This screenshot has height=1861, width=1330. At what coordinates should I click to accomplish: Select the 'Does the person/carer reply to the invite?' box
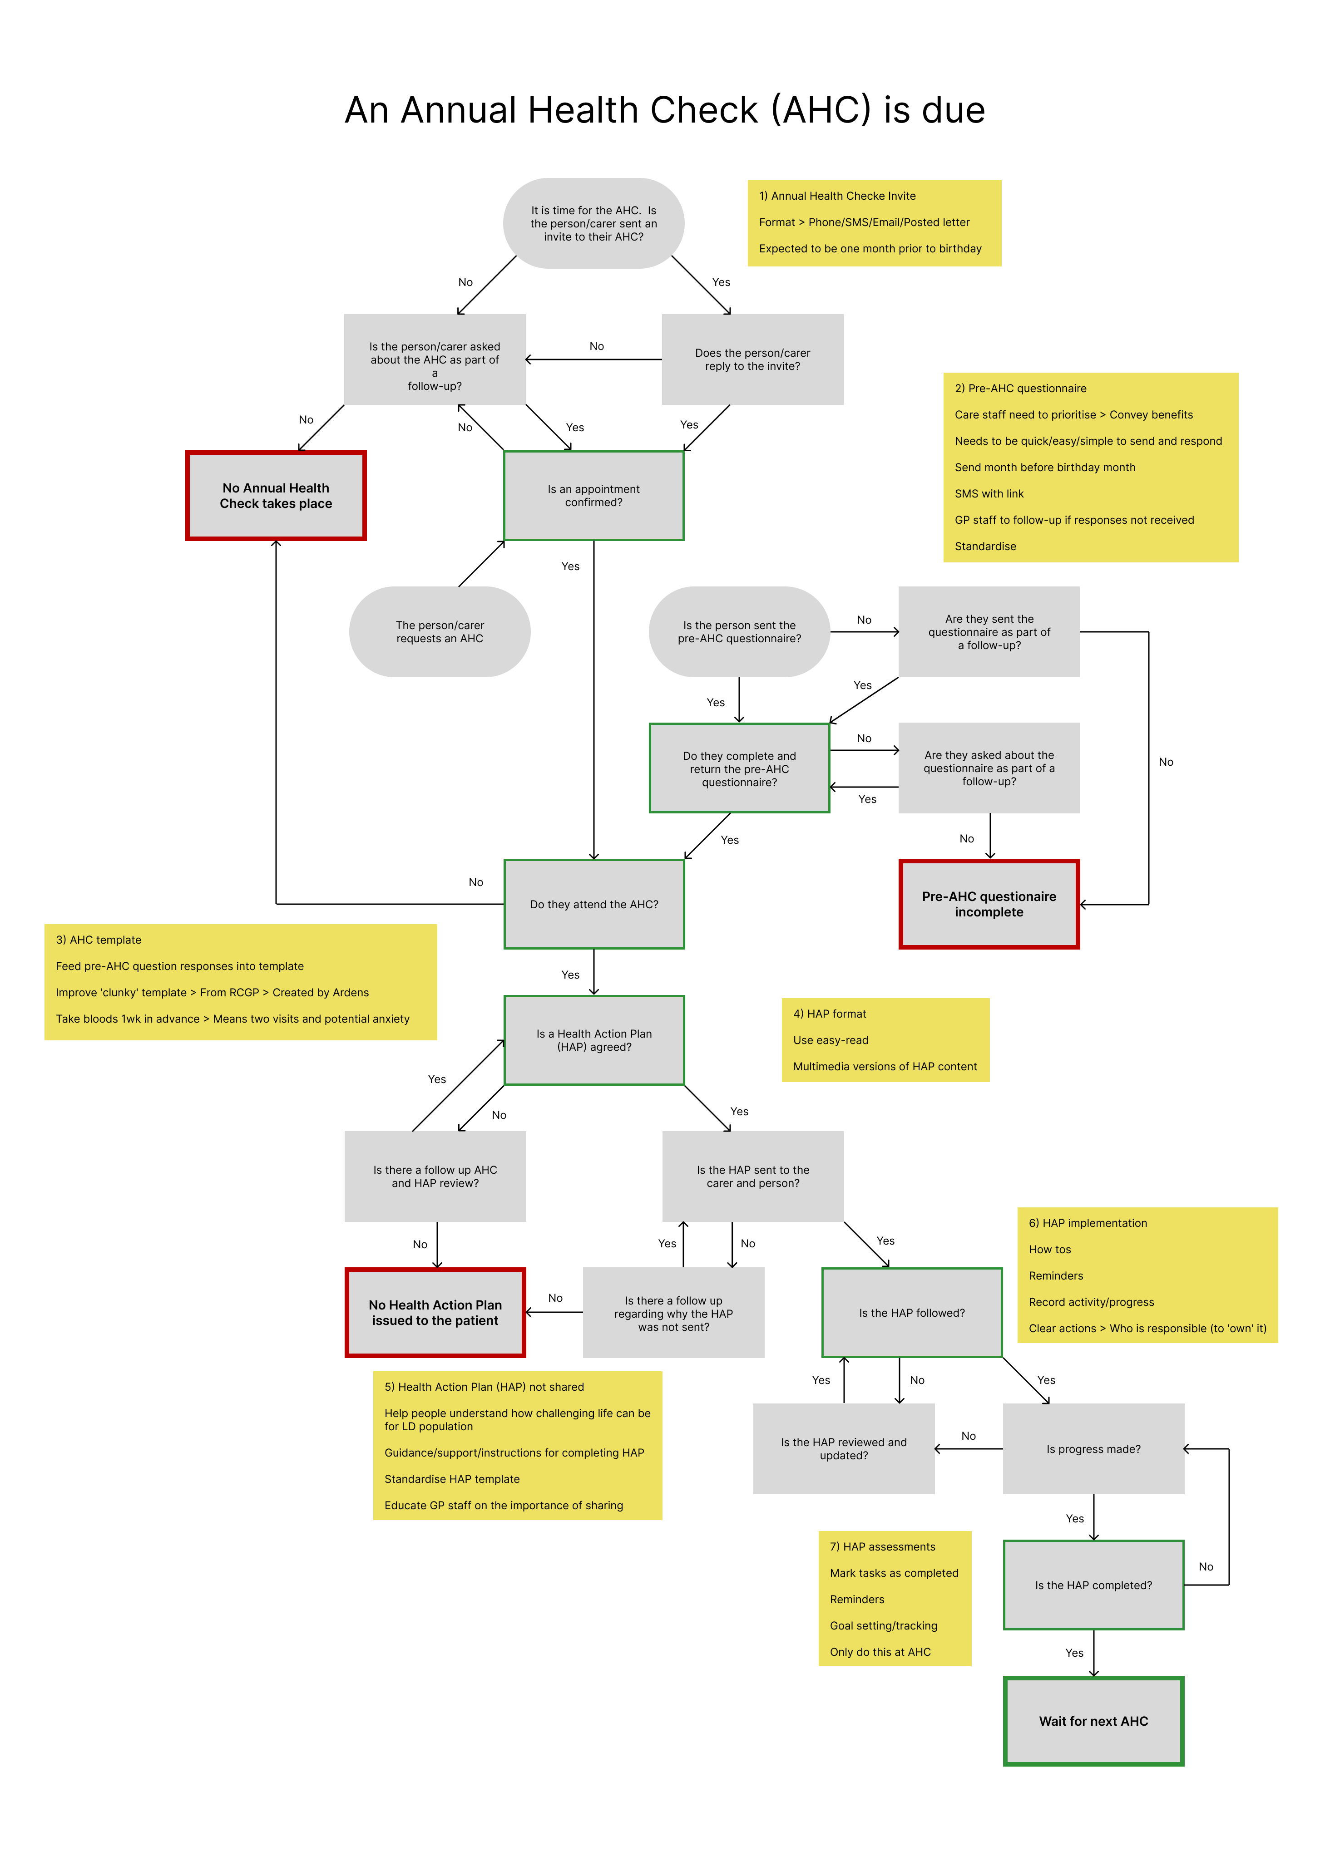click(x=752, y=359)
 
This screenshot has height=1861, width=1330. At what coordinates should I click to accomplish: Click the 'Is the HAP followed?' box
click(x=911, y=1312)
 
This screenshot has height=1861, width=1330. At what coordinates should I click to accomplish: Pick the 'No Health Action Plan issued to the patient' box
click(x=435, y=1312)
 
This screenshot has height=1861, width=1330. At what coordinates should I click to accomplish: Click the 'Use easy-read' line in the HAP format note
click(x=831, y=1040)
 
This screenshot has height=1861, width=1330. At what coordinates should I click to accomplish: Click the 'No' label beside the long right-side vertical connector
click(x=1165, y=762)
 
